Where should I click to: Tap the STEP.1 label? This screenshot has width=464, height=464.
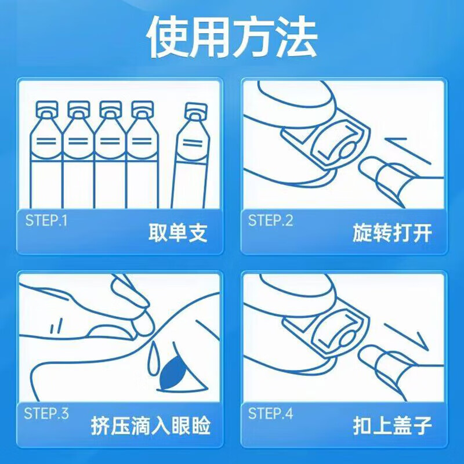46,220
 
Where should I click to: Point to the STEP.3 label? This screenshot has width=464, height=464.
46,414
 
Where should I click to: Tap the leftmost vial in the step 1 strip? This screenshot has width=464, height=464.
45,157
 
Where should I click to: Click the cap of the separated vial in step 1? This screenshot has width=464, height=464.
196,110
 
